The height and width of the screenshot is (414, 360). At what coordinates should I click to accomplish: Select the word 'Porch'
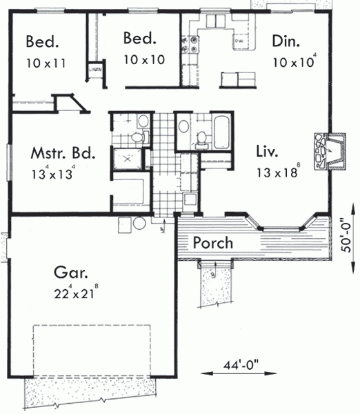(212, 244)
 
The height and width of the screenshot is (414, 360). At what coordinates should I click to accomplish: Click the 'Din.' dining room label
(286, 41)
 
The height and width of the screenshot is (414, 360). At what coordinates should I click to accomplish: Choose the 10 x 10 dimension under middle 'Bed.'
(144, 60)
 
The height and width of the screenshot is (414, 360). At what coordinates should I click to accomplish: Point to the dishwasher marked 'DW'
(240, 43)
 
